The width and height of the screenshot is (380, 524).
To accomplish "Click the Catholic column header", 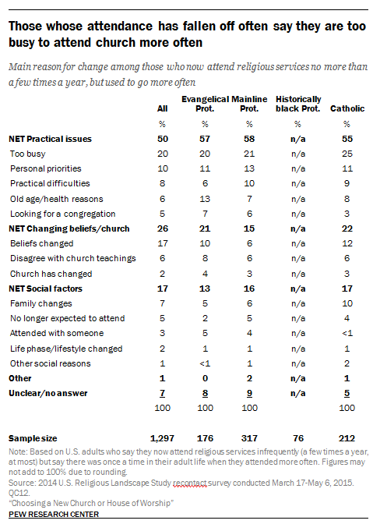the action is pos(347,108).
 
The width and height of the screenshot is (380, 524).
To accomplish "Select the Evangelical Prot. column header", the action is pos(205,104).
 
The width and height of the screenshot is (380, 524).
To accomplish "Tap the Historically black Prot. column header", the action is pos(298,104).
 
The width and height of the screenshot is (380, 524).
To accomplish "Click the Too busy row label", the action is pos(28,154).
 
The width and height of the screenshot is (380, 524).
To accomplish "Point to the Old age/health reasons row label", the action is pos(56,199).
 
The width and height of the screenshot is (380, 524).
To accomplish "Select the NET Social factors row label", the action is pos(45,289).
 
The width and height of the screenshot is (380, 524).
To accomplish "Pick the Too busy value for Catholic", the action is pos(347,154).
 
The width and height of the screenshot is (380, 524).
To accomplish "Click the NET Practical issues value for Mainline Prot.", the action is pos(249,139).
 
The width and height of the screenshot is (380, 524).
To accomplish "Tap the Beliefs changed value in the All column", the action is pos(163,243).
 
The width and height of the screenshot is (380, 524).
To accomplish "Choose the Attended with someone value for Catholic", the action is pos(347,333).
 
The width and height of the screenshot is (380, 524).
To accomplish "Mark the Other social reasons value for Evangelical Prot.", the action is pos(205,363).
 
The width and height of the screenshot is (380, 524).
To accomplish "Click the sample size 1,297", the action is pos(162,438).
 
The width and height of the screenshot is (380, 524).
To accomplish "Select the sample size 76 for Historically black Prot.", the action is pos(298,438).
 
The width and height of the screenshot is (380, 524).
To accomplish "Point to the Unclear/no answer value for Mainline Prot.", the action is pos(249,393).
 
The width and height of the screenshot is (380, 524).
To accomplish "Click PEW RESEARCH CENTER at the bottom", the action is pos(54,514).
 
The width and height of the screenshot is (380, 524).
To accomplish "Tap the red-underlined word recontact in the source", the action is pos(190,483).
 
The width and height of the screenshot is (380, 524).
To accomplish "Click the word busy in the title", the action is pos(26,43).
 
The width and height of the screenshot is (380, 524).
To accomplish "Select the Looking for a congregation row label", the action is pos(63,214).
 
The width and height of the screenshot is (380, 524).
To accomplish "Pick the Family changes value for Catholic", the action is pos(347,303).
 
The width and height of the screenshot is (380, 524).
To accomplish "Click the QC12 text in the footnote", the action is pos(19,494).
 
